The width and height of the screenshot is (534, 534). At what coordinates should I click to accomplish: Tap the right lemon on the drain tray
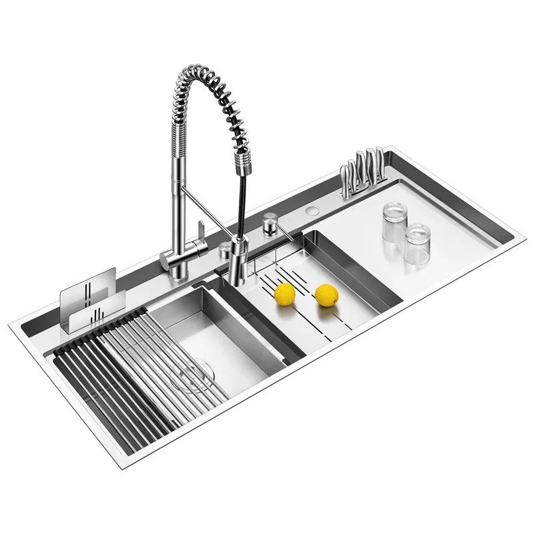tap(326, 294)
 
